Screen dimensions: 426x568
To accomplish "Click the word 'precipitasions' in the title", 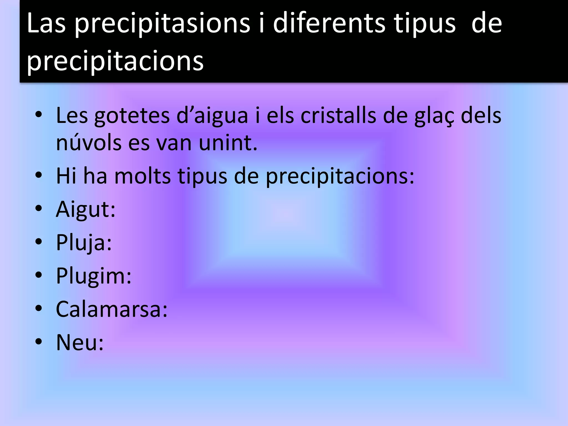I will (163, 24).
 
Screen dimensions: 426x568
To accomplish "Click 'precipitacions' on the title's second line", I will (115, 61).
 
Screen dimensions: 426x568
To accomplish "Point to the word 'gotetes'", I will (132, 116).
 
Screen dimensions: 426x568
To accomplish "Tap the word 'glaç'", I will (434, 116).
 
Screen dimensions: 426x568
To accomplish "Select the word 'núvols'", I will (89, 143).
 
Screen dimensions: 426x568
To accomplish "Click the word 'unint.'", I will (228, 143).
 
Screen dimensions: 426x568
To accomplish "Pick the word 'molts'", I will (142, 176).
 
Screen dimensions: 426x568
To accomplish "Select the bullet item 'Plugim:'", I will (94, 276).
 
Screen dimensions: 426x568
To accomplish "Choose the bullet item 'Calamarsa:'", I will (112, 309).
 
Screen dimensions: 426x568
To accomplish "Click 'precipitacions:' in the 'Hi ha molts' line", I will (340, 176).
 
